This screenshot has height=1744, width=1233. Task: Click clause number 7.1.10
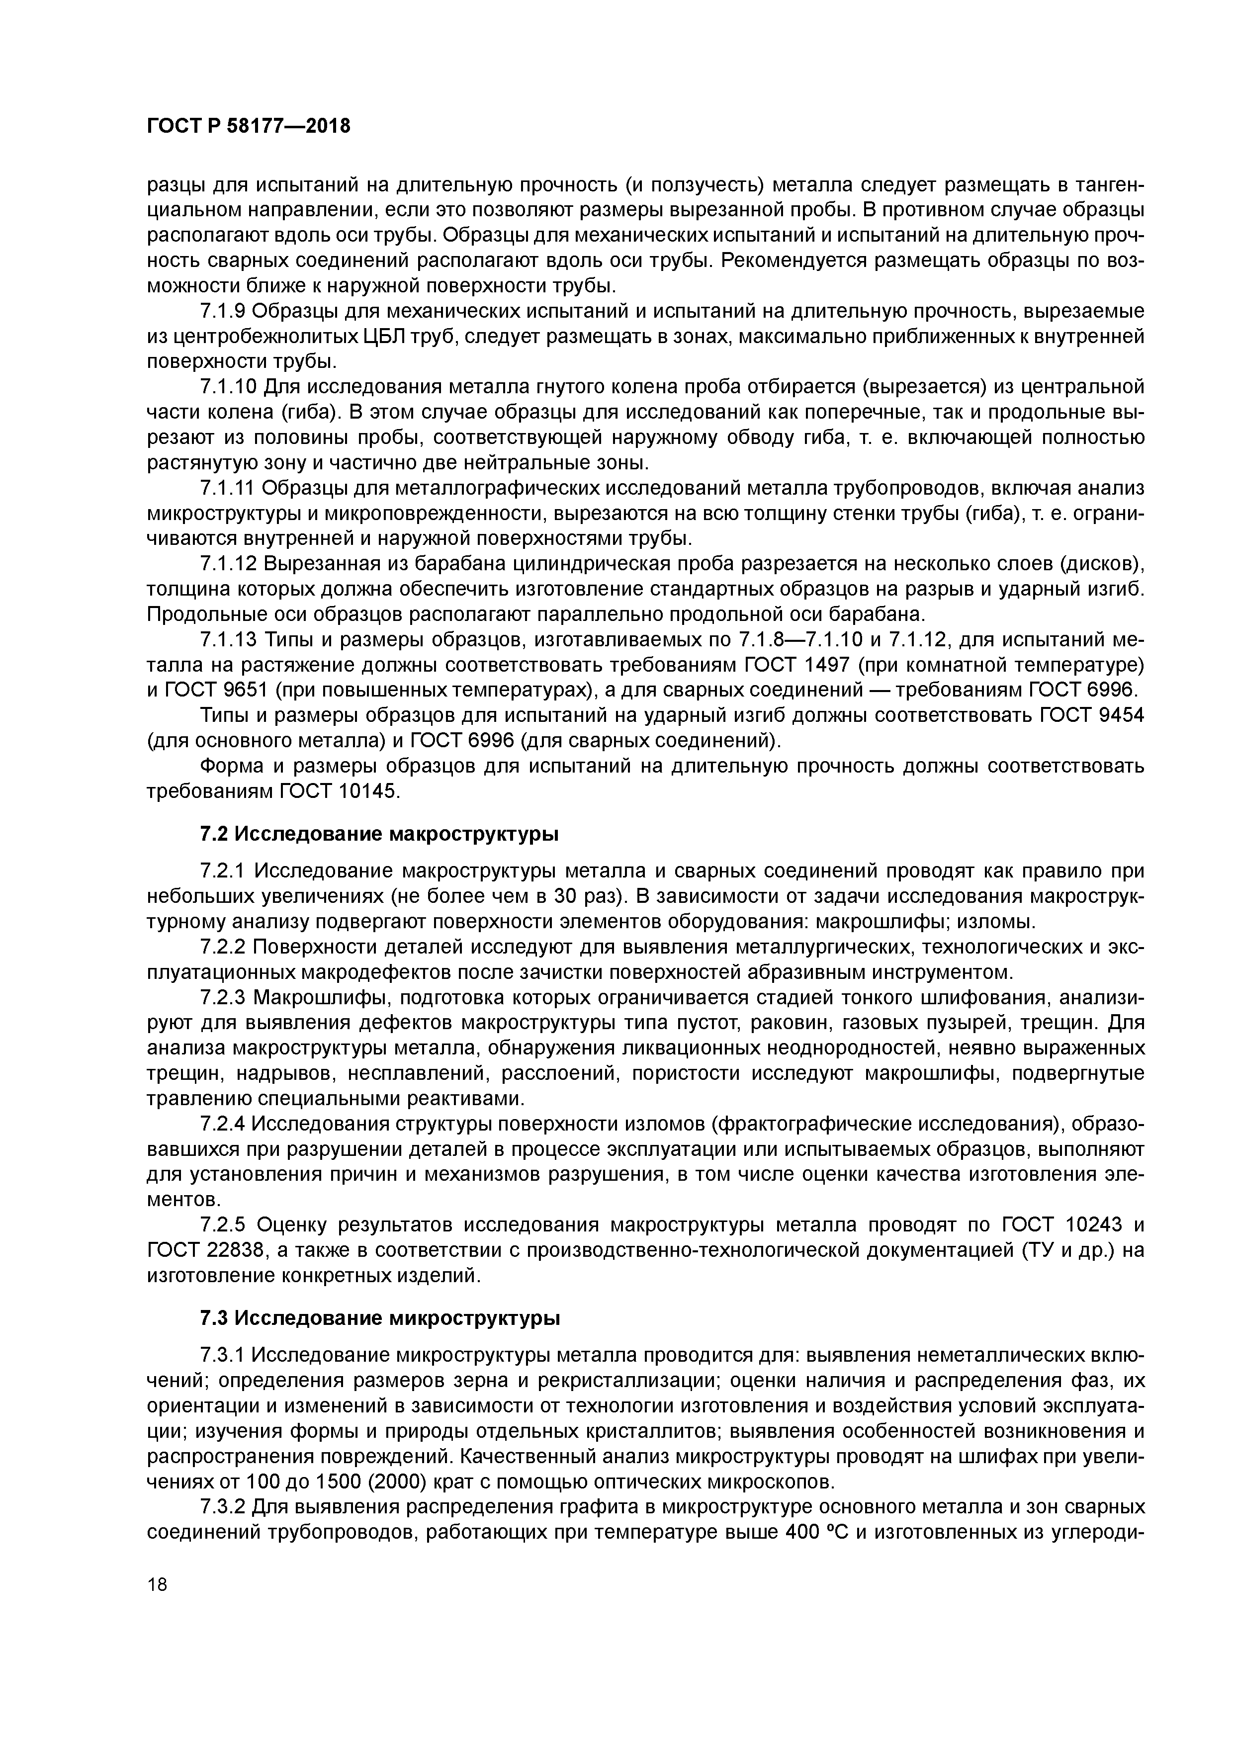click(229, 387)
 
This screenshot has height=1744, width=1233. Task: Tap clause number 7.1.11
click(228, 488)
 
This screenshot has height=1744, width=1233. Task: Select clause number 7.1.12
click(229, 564)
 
